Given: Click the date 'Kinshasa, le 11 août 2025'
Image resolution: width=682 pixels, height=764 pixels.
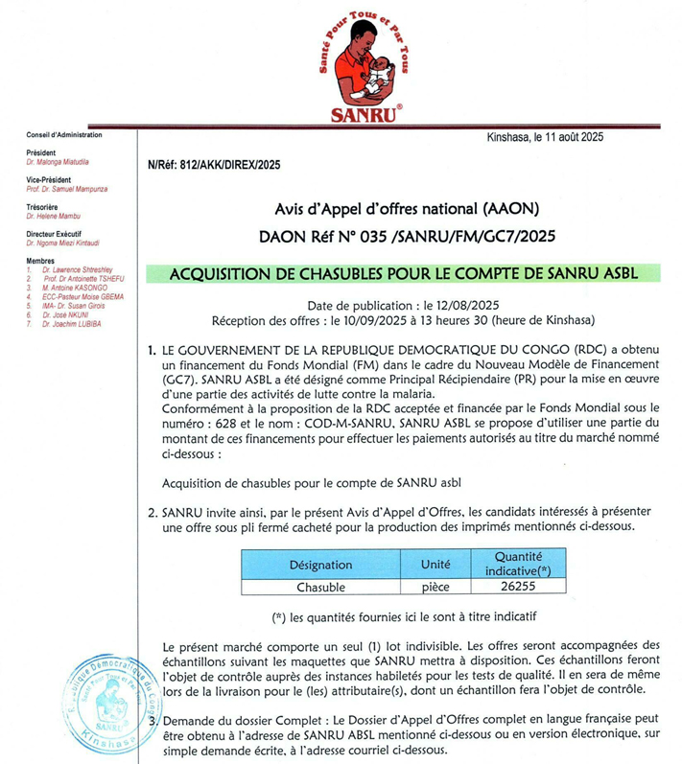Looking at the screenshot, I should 545,137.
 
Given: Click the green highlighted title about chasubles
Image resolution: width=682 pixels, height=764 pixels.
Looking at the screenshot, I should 403,273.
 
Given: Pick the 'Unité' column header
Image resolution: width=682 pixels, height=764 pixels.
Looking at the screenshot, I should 436,566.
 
